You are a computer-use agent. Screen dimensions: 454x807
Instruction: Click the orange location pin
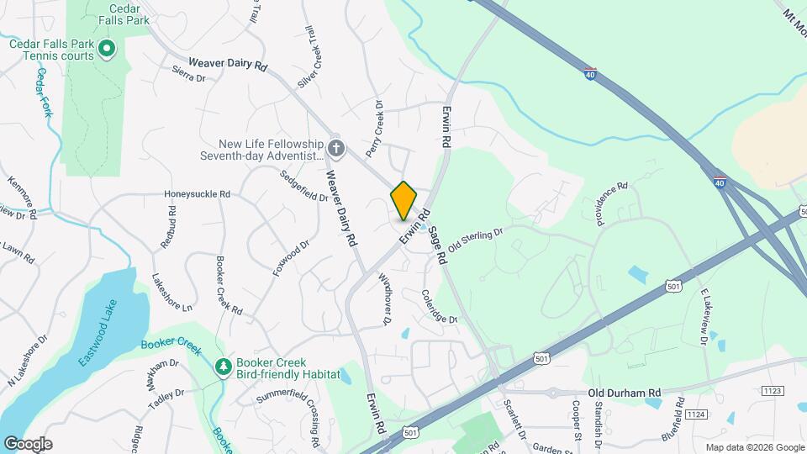click(x=403, y=200)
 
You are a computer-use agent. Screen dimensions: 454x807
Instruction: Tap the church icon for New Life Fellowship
click(x=336, y=150)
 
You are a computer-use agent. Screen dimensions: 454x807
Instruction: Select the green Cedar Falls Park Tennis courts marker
click(x=107, y=50)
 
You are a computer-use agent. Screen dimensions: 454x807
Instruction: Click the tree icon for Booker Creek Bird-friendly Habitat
click(x=224, y=367)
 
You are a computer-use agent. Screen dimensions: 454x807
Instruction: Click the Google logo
click(x=28, y=443)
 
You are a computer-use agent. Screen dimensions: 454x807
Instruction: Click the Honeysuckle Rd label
click(x=198, y=193)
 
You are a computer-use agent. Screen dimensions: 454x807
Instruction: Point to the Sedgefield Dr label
click(x=303, y=185)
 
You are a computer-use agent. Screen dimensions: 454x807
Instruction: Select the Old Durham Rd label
click(x=625, y=392)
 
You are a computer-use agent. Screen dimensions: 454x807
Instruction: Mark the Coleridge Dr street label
click(x=440, y=308)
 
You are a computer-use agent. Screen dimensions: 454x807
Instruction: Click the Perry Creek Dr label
click(x=374, y=129)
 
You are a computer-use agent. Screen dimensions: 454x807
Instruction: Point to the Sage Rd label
click(x=436, y=245)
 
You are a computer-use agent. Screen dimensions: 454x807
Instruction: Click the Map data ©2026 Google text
click(x=754, y=446)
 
